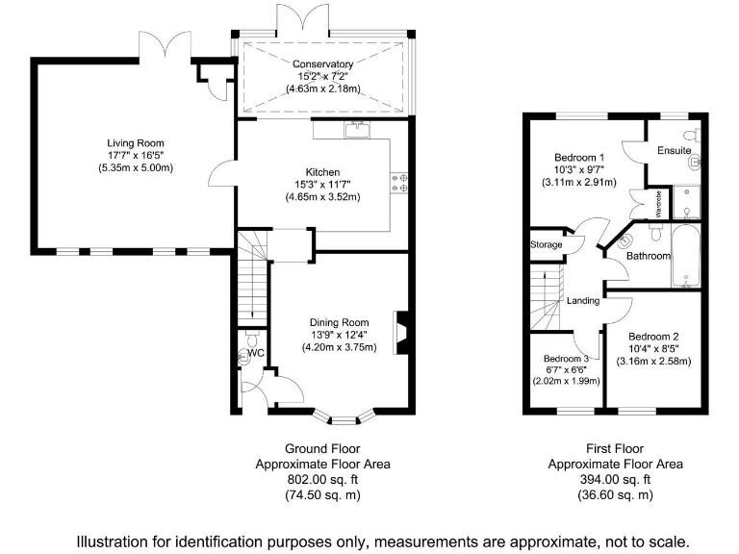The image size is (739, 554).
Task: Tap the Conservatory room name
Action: tap(322, 64)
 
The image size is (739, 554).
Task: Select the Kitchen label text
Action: tap(323, 172)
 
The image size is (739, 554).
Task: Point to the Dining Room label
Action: tap(339, 322)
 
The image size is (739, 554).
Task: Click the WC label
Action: tap(256, 354)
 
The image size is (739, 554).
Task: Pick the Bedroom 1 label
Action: tap(579, 157)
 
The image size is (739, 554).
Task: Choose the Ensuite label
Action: tap(674, 151)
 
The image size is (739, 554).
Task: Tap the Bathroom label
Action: tap(648, 257)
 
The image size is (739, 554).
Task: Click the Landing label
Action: tap(583, 301)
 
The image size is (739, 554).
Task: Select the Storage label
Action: tap(546, 245)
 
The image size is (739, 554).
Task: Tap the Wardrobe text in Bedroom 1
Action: tap(632, 204)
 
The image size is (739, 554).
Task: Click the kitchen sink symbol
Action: tap(358, 127)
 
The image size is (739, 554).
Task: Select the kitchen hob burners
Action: tap(398, 182)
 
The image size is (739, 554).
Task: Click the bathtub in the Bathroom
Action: tap(686, 256)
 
